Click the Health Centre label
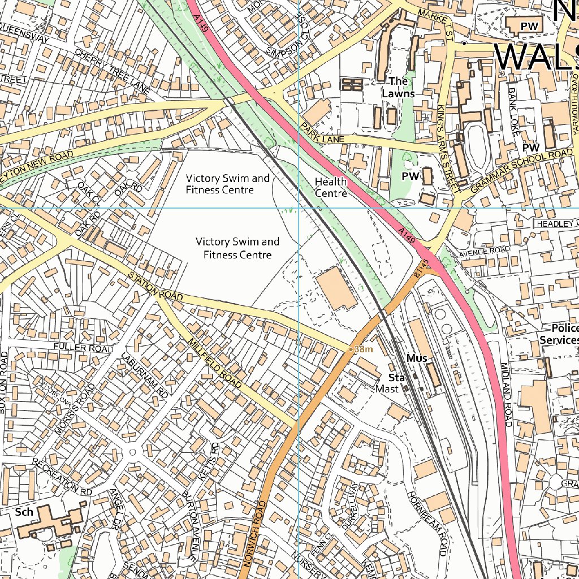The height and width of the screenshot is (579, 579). click(331, 187)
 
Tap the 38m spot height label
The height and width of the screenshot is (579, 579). click(362, 349)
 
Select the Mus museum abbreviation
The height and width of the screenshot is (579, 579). click(416, 358)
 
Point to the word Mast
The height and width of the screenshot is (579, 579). click(387, 389)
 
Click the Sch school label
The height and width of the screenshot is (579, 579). click(24, 512)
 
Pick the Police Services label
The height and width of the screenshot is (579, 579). click(559, 335)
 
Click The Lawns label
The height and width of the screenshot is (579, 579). click(398, 88)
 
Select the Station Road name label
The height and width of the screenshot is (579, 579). click(156, 287)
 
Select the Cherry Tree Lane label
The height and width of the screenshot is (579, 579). click(113, 71)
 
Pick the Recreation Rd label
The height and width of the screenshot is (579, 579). click(63, 477)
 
